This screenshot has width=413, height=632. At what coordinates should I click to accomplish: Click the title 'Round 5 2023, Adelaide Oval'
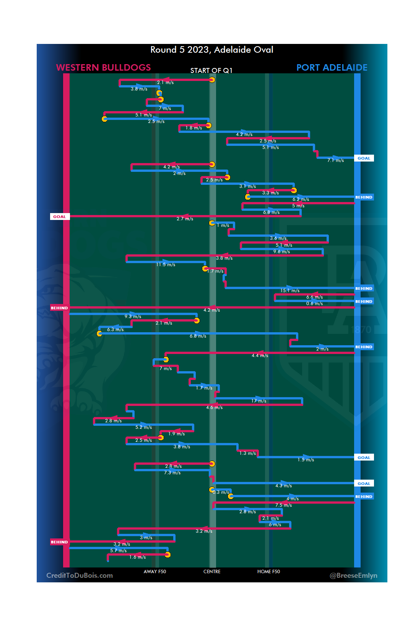(211, 50)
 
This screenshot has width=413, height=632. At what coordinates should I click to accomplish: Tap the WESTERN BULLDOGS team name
(103, 68)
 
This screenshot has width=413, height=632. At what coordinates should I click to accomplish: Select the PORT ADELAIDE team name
(332, 68)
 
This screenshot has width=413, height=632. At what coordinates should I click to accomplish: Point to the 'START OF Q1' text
(211, 71)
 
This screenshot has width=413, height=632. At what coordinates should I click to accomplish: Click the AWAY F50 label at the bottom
(155, 572)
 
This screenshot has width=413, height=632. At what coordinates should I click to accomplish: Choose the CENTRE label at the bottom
(212, 572)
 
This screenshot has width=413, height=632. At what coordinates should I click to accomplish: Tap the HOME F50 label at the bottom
(268, 572)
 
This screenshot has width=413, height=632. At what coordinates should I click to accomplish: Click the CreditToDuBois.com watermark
(80, 575)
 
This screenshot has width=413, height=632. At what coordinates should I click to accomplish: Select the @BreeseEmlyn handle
(353, 575)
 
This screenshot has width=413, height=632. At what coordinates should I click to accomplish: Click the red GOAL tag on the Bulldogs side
(59, 217)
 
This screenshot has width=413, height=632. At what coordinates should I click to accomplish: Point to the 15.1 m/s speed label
(290, 291)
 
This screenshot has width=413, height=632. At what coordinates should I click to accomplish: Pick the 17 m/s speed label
(259, 401)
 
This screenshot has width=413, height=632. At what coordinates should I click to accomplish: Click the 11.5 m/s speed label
(166, 265)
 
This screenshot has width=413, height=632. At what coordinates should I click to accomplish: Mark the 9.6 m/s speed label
(281, 252)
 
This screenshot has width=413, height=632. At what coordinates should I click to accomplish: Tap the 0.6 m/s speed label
(314, 304)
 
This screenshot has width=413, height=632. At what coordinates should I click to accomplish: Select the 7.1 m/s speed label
(335, 160)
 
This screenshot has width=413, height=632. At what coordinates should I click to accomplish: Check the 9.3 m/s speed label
(133, 317)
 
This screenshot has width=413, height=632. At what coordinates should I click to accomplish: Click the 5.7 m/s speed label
(118, 551)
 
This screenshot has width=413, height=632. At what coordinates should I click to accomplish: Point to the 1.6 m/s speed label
(137, 557)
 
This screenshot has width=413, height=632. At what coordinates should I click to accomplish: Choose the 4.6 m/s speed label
(214, 407)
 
